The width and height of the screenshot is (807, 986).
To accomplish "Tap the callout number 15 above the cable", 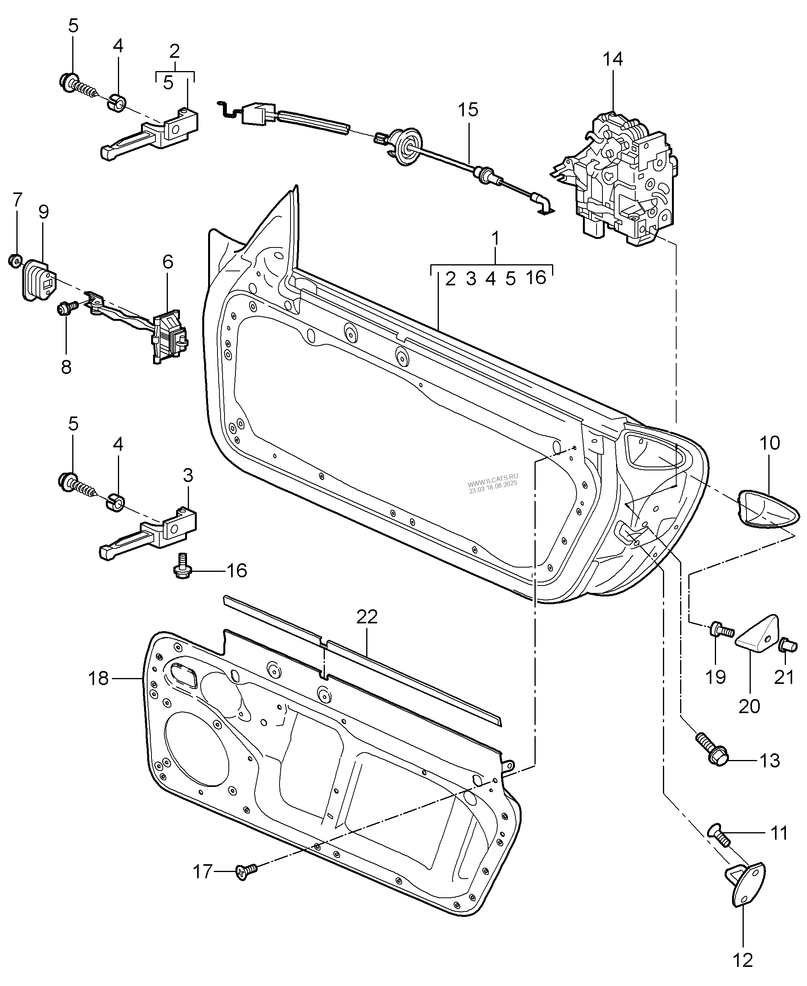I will click(x=468, y=110).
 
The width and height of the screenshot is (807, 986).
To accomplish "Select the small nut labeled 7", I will click(x=15, y=260).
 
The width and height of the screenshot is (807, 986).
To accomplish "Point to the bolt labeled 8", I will click(x=65, y=308).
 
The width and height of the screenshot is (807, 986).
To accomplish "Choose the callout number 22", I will click(x=367, y=617).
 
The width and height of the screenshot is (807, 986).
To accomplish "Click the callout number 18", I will click(x=98, y=678).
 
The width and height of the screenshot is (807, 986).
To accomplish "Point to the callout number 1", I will click(x=495, y=239).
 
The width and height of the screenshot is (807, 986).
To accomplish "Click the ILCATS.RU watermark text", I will click(x=493, y=479).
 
